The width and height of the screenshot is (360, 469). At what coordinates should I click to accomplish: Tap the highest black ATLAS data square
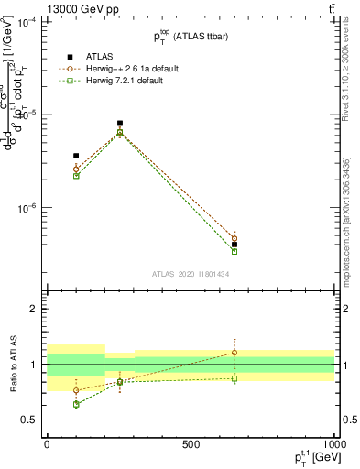(x=120, y=123)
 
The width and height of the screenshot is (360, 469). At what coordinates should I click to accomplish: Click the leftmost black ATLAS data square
(x=76, y=156)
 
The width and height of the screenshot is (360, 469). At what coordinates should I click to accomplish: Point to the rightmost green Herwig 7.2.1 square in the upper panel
(x=235, y=251)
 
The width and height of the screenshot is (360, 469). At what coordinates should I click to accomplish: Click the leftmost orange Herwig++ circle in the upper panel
(x=76, y=169)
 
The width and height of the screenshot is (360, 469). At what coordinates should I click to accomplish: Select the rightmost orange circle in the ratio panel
(x=235, y=352)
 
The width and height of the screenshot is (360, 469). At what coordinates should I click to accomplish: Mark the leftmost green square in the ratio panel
(x=76, y=404)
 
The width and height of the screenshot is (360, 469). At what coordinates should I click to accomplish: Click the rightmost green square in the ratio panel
(x=235, y=378)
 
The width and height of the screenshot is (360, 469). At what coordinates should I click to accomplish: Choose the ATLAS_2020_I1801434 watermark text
(x=190, y=274)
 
